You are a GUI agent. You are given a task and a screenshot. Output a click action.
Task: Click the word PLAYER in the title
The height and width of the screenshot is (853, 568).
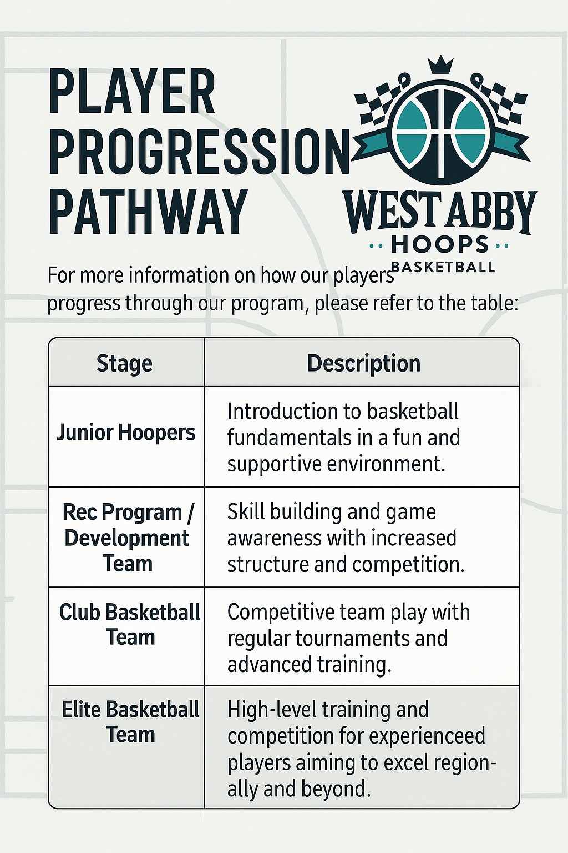pyautogui.click(x=131, y=92)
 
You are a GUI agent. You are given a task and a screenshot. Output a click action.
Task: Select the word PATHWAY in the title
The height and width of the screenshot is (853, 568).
pyautogui.click(x=148, y=212)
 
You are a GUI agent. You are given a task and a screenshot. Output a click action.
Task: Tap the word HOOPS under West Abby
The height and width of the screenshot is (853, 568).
pyautogui.click(x=440, y=244)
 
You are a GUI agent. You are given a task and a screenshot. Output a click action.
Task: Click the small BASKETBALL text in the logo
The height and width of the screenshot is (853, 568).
pyautogui.click(x=443, y=267)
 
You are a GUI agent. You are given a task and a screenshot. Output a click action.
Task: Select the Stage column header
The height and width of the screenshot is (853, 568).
pyautogui.click(x=124, y=364)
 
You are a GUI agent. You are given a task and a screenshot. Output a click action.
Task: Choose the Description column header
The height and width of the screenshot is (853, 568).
pyautogui.click(x=364, y=364)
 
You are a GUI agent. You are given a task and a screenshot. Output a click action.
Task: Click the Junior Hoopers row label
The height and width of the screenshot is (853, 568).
pyautogui.click(x=126, y=433)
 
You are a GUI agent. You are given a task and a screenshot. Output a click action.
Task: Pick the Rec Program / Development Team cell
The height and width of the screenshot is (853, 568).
pyautogui.click(x=127, y=538)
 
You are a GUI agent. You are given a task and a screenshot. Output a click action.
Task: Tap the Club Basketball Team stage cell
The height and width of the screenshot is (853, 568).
pyautogui.click(x=130, y=625)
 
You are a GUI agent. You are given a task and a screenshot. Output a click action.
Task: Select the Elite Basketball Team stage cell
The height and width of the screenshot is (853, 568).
pyautogui.click(x=130, y=722)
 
